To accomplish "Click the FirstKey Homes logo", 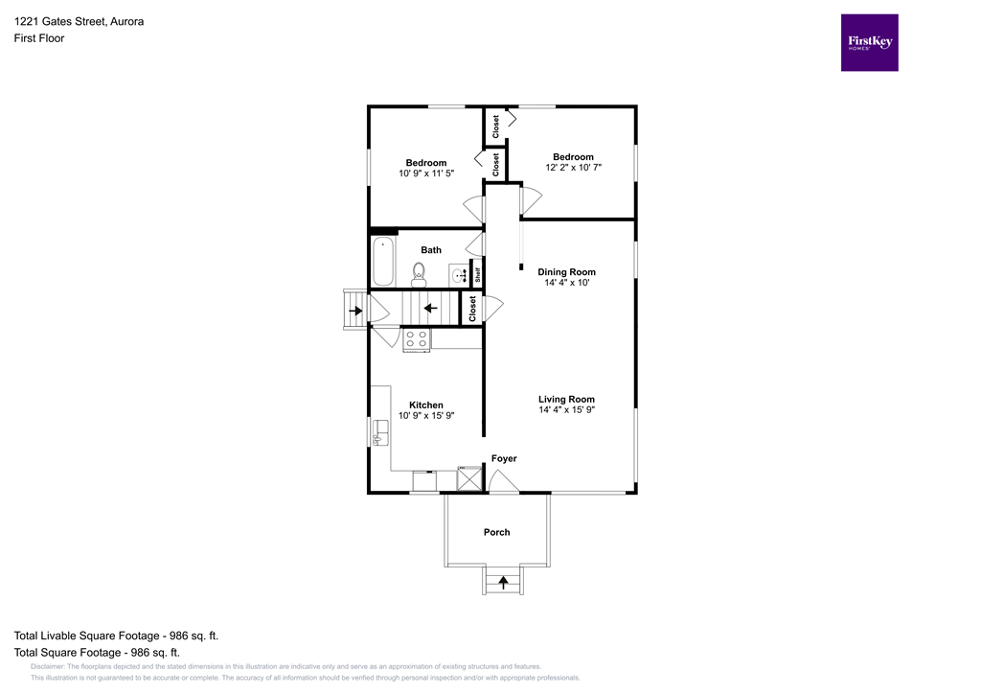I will pyautogui.click(x=869, y=42).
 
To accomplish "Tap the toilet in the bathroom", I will pyautogui.click(x=418, y=274).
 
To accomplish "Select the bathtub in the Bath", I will pyautogui.click(x=383, y=260).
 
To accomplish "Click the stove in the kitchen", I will pyautogui.click(x=416, y=337).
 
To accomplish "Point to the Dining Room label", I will pyautogui.click(x=566, y=272).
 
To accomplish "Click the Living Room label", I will pyautogui.click(x=566, y=400).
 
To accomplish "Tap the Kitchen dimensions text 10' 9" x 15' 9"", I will pyautogui.click(x=425, y=416).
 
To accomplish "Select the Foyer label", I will pyautogui.click(x=504, y=459).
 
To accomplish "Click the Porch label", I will pyautogui.click(x=496, y=532).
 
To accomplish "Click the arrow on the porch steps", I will pyautogui.click(x=503, y=581).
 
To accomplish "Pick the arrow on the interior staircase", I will pyautogui.click(x=431, y=309).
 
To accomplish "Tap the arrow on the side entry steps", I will pyautogui.click(x=355, y=311).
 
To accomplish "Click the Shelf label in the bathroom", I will pyautogui.click(x=476, y=273).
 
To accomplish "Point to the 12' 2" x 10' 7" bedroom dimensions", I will pyautogui.click(x=572, y=168).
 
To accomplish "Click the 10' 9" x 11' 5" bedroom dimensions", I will pyautogui.click(x=425, y=173).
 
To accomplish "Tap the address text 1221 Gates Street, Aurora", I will pyautogui.click(x=79, y=21).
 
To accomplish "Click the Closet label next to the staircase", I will pyautogui.click(x=472, y=309).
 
